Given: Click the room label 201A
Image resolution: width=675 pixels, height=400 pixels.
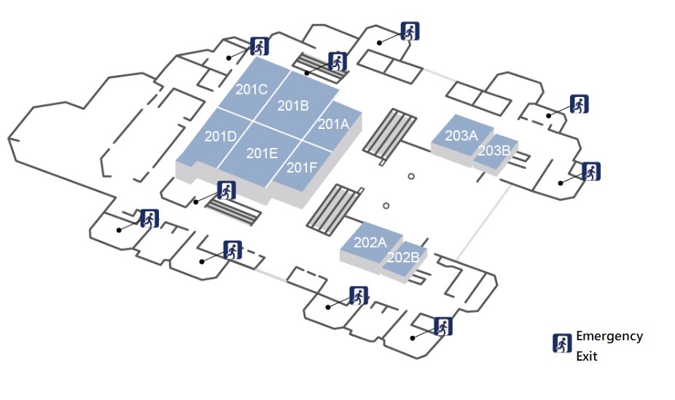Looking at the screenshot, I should (x=333, y=125).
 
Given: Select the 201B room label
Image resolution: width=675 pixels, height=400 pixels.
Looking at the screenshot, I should (x=293, y=106).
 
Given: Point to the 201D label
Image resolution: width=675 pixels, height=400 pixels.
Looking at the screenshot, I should (x=220, y=136).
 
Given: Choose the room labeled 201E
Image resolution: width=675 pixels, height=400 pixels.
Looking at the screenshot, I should (x=262, y=153).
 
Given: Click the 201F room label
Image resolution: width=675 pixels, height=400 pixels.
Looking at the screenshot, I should (x=301, y=168).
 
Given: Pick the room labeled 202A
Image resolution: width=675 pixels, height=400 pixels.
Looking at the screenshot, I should (x=370, y=243).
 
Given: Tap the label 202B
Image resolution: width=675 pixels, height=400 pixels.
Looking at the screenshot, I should (x=402, y=257).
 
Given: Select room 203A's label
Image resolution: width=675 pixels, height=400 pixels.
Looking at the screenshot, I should (x=461, y=136).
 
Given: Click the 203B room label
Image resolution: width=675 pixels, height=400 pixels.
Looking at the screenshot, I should (x=493, y=151).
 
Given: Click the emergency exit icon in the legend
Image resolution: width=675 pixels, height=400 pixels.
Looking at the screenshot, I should (x=561, y=343).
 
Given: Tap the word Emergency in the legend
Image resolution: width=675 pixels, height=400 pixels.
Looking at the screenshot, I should (x=609, y=336).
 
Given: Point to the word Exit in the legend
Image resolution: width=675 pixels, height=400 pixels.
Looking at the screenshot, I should (x=587, y=356).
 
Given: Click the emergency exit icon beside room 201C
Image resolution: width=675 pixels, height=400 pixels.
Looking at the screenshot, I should (x=259, y=45).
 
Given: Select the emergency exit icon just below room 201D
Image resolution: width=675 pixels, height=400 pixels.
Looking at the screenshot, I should (x=227, y=191).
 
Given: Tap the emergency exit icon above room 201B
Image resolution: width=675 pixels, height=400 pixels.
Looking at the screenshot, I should (x=337, y=61).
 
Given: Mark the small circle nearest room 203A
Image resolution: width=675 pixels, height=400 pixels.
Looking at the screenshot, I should (x=411, y=176).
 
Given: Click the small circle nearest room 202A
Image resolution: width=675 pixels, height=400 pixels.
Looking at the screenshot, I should (x=386, y=205).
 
